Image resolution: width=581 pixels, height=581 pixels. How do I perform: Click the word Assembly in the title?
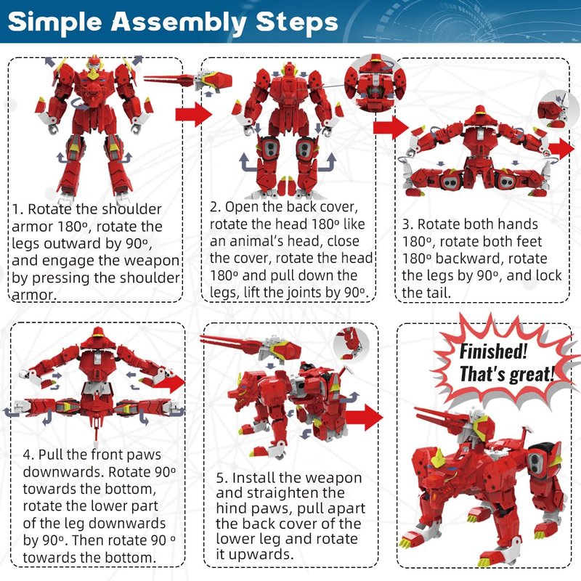(179, 23)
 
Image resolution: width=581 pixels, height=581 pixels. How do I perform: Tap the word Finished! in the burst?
(493, 351)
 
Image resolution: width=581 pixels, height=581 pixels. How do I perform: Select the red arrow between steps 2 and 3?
(391, 128)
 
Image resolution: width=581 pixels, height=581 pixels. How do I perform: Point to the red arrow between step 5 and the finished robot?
(365, 417)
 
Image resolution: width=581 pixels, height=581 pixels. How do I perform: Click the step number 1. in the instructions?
(18, 209)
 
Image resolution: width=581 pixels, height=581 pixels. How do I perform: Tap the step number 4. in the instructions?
(29, 455)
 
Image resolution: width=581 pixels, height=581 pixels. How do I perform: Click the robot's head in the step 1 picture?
(94, 68)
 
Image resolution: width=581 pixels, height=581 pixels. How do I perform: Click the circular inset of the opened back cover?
(375, 84)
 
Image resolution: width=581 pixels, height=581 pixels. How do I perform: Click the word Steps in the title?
(297, 23)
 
